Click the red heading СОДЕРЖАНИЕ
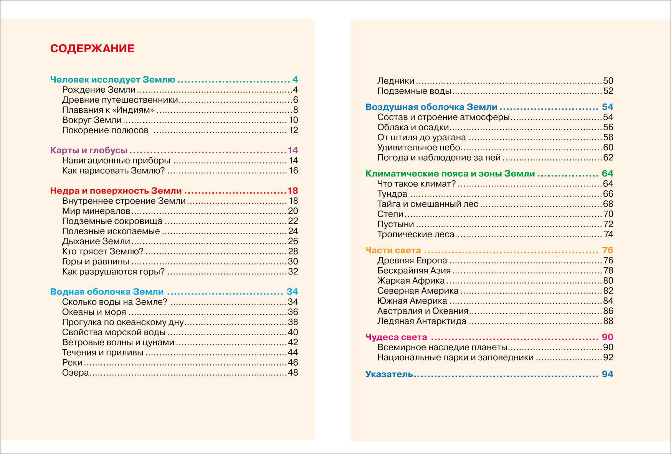(92, 48)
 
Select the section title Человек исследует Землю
(112, 80)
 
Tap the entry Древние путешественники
(120, 100)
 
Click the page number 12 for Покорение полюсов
(294, 130)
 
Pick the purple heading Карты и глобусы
(89, 150)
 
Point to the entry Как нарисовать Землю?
(113, 171)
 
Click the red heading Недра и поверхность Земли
(116, 191)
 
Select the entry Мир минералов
(96, 211)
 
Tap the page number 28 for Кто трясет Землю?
(293, 251)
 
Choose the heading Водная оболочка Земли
(107, 292)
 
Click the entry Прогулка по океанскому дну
(123, 322)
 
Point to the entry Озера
(75, 373)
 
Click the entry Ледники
(395, 81)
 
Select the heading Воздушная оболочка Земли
(431, 107)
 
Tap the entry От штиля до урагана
(421, 137)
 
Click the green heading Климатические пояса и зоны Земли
(450, 174)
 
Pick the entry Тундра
(392, 194)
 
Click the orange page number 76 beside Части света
(607, 250)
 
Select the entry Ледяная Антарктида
(421, 321)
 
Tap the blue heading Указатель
(389, 374)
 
